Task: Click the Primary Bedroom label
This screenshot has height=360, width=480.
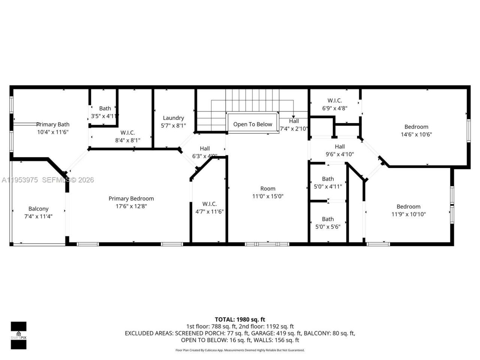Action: tap(131, 198)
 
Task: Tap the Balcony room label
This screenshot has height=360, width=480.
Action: tap(38, 209)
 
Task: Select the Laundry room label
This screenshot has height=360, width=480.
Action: tap(173, 118)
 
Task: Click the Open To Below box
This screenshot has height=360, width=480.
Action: tap(252, 124)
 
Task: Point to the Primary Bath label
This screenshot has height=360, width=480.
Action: tap(52, 124)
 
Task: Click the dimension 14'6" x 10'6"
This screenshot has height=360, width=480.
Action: tap(416, 135)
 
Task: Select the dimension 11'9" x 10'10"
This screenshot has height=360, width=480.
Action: tap(408, 214)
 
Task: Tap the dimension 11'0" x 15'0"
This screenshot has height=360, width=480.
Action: tap(268, 196)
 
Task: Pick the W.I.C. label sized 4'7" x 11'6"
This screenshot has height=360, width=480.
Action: tap(209, 204)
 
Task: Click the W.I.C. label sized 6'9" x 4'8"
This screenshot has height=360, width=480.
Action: tap(334, 100)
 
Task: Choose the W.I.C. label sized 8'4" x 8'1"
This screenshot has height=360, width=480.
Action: tap(127, 133)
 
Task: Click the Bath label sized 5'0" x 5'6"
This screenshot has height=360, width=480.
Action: tap(328, 219)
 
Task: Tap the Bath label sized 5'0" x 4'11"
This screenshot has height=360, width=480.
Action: tap(328, 179)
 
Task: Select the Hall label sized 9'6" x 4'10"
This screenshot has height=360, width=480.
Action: tap(340, 147)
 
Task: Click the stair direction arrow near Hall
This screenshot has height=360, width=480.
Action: tap(293, 117)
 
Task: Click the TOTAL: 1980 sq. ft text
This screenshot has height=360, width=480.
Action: tap(240, 319)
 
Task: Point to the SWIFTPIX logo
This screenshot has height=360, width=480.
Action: tap(18, 335)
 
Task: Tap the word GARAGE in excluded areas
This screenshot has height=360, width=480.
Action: tap(263, 333)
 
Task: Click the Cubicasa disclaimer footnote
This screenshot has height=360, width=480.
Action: tap(240, 350)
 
